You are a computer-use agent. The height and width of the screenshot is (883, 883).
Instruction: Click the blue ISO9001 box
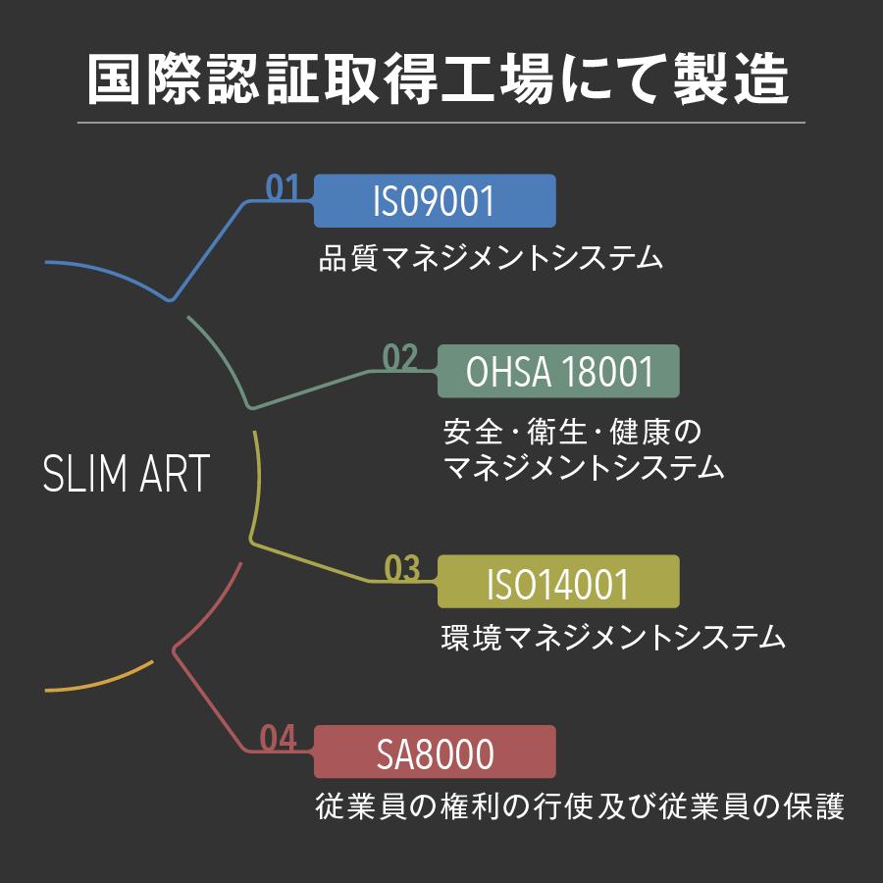pyautogui.click(x=435, y=201)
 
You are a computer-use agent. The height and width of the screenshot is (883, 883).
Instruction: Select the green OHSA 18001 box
pyautogui.click(x=558, y=373)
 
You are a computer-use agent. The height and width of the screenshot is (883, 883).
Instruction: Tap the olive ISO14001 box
pyautogui.click(x=558, y=583)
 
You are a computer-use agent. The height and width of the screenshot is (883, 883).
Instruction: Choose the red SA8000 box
pyautogui.click(x=435, y=753)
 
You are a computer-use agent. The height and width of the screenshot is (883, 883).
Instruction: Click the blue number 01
pyautogui.click(x=283, y=187)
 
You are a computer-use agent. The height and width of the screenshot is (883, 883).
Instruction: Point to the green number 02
pyautogui.click(x=400, y=358)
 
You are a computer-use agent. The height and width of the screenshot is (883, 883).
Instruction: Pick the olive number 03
pyautogui.click(x=401, y=569)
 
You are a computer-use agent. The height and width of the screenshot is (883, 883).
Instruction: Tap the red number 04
pyautogui.click(x=279, y=739)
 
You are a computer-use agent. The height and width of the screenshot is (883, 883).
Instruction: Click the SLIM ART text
pyautogui.click(x=127, y=475)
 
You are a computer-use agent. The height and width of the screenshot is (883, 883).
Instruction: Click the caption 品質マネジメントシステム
pyautogui.click(x=491, y=259)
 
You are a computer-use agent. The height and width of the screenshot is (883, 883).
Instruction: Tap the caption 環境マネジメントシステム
pyautogui.click(x=614, y=640)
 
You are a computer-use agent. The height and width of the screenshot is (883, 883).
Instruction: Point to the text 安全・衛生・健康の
pyautogui.click(x=574, y=431)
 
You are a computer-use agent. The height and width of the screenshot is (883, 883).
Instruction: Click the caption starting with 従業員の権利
pyautogui.click(x=579, y=806)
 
